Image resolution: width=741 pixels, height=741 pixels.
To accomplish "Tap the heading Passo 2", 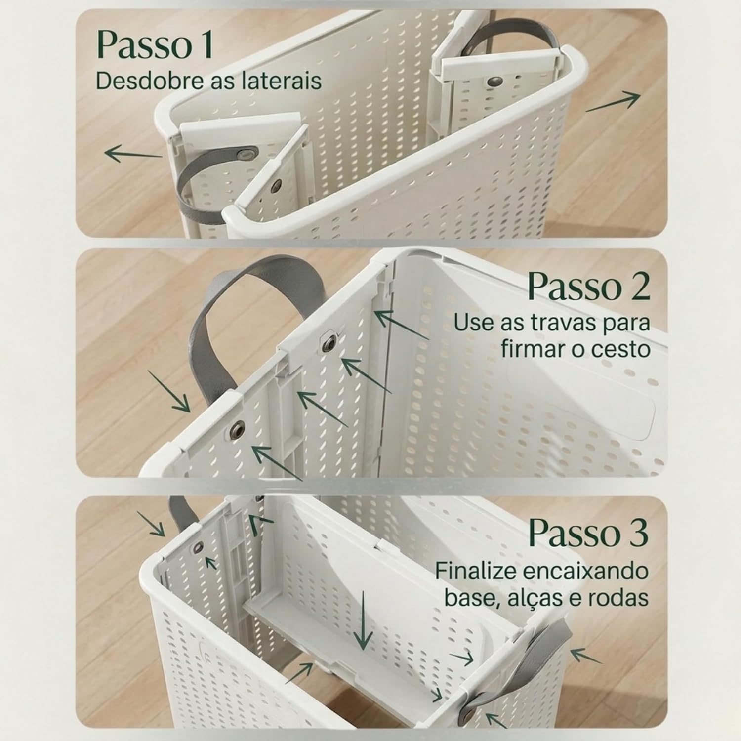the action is pos(588,286).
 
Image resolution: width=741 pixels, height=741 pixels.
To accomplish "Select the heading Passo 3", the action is pos(588,533).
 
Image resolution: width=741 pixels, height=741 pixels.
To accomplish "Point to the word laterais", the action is pos(283,81).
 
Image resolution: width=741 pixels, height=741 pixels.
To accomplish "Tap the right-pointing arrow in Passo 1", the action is pos(613,102).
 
